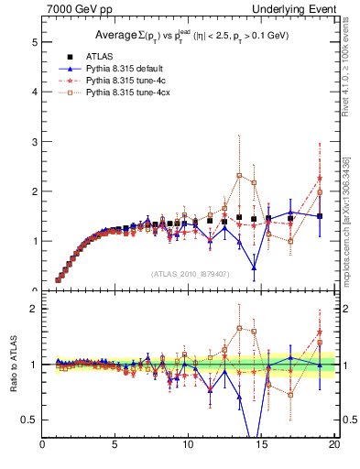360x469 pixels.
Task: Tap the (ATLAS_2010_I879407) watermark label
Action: point(190,274)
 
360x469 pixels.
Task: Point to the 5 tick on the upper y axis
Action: point(35,42)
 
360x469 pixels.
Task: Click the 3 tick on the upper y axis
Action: point(35,142)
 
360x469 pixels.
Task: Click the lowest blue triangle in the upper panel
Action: point(254,268)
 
